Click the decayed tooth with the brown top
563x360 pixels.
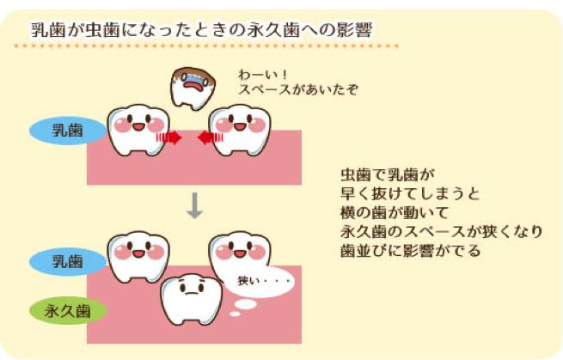point(193,88)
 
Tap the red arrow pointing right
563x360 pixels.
point(168,137)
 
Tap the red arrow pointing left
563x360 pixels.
point(211,137)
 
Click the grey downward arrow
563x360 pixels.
point(195,205)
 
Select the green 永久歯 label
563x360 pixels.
point(68,310)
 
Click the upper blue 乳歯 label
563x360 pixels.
point(68,131)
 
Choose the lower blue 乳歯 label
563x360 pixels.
point(68,261)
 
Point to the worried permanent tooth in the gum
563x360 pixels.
point(192,299)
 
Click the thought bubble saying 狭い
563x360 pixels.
point(260,282)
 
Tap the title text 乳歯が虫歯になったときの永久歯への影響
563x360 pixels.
point(201,30)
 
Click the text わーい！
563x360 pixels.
point(263,75)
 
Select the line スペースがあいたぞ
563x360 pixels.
point(298,89)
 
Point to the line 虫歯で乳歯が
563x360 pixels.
point(388,175)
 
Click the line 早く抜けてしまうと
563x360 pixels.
point(410,194)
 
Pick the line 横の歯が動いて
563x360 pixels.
point(395,212)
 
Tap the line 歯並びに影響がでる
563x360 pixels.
point(410,250)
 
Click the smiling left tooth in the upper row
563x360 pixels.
point(138,130)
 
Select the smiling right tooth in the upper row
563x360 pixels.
point(240,130)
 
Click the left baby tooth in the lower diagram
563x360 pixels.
point(138,256)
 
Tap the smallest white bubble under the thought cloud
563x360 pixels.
point(235,314)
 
